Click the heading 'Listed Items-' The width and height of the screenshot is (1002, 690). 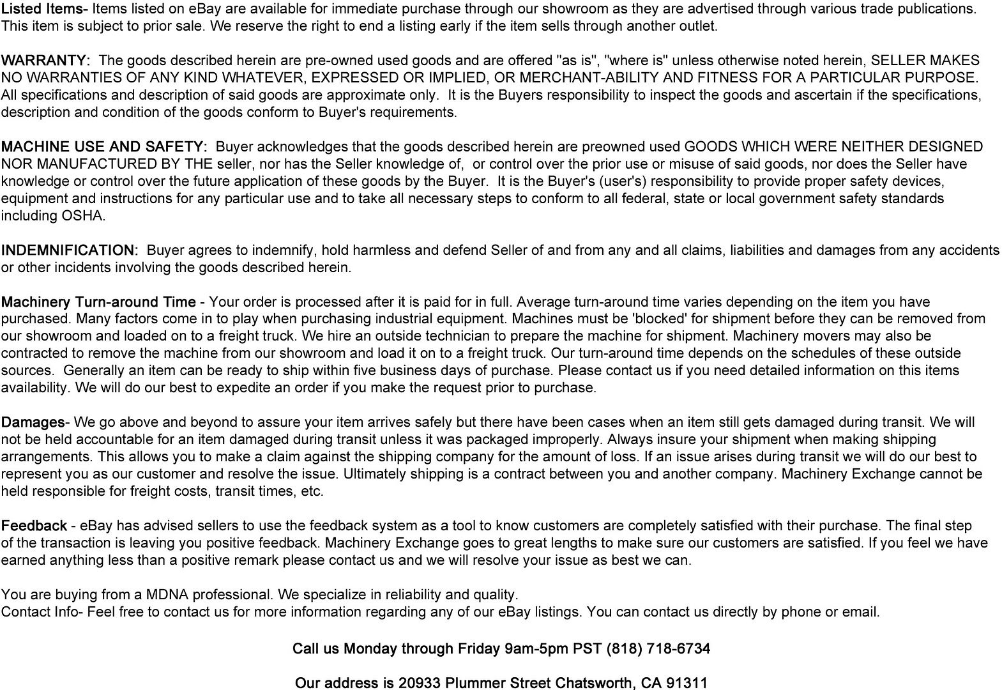tap(44, 9)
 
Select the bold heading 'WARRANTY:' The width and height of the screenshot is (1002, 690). tap(45, 61)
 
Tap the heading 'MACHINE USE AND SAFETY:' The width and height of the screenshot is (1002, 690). tap(104, 147)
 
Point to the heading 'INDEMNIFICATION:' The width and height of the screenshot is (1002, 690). tap(70, 250)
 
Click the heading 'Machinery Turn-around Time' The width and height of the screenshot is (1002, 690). tap(98, 302)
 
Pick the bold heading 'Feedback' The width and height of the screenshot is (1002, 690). tap(34, 526)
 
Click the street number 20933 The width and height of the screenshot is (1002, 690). tap(419, 683)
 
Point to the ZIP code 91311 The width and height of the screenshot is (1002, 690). tap(687, 683)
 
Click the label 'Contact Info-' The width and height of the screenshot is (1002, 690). tap(42, 612)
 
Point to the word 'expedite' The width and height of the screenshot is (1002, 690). tap(243, 388)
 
